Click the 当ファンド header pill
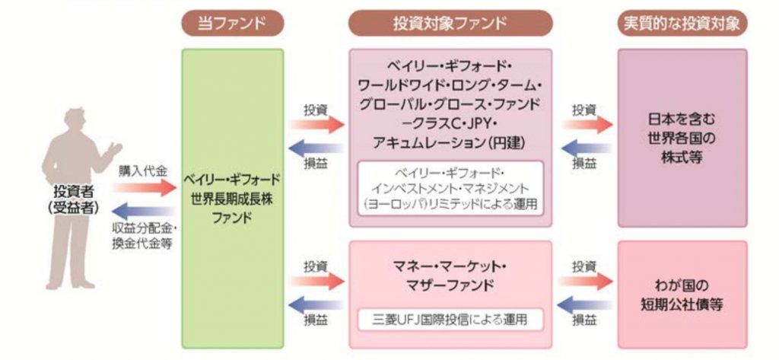click(233, 23)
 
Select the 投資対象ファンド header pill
click(450, 23)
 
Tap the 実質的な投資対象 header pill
click(681, 23)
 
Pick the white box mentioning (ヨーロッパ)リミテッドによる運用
click(450, 187)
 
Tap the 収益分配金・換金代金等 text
click(145, 235)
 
